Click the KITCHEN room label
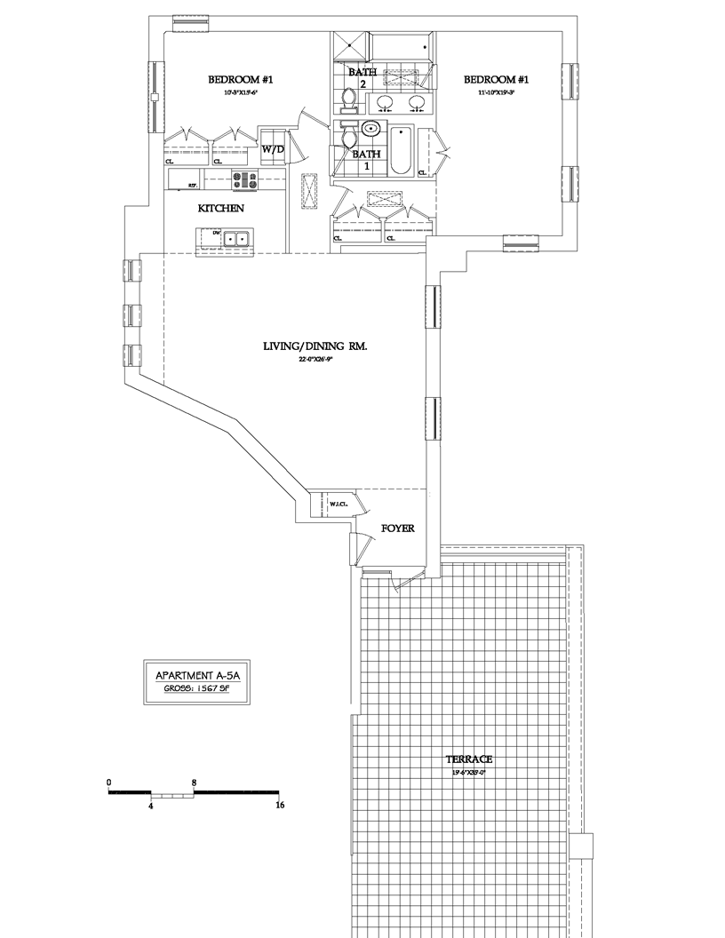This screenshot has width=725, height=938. coord(220,209)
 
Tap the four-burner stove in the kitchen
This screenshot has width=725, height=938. coord(244,180)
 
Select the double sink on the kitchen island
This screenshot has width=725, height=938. coord(235,239)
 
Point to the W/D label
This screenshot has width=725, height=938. coord(272,149)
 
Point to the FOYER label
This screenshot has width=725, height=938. coord(397,529)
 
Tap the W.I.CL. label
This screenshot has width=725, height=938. coord(337,505)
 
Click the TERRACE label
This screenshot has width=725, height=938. coord(470,760)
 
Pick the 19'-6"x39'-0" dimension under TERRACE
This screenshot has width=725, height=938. coord(470,773)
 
